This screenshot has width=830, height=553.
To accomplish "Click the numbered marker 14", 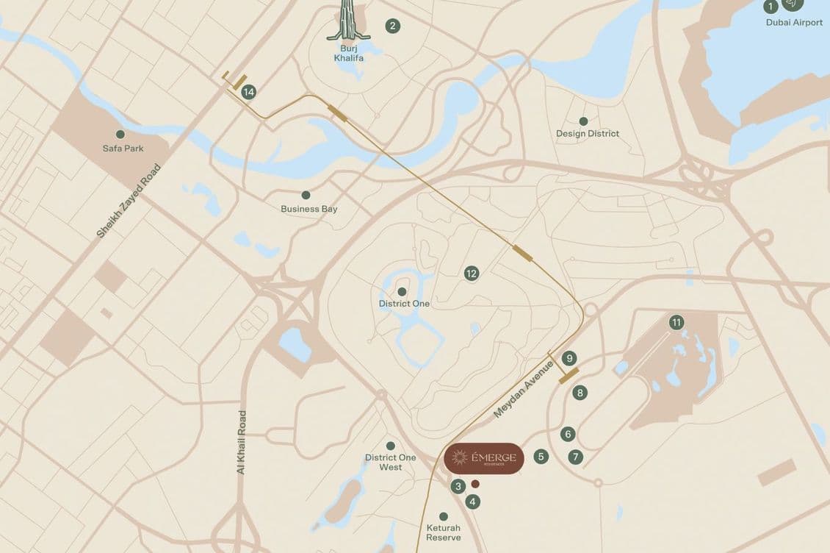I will pos(249,92).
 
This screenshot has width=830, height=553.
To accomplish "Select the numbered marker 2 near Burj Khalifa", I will pos(393,26).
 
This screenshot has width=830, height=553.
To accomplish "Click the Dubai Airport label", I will pos(794,23).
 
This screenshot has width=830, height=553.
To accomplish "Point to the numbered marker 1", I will pos(771,7).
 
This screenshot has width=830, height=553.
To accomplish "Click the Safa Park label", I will pos(123,149).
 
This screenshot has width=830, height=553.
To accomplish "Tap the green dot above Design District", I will pos(583,121).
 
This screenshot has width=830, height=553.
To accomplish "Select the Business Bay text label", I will pos(309,209).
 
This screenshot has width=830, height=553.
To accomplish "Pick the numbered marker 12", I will pos(472,274).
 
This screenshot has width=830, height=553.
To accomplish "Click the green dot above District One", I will pos(402,291).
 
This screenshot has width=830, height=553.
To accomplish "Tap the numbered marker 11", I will pos(676,322).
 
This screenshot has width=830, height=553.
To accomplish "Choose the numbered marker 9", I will pos(569,358).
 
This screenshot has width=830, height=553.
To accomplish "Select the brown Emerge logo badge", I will pos(484,458).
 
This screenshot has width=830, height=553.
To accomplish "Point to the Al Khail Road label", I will pos(242,442).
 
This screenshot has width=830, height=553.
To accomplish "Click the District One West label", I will pos(390,463).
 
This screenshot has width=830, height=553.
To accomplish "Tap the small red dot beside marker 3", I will pos(475,484).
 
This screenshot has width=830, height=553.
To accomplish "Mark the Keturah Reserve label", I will pos(443,533).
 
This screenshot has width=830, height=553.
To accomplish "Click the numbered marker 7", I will pos(576,457).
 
